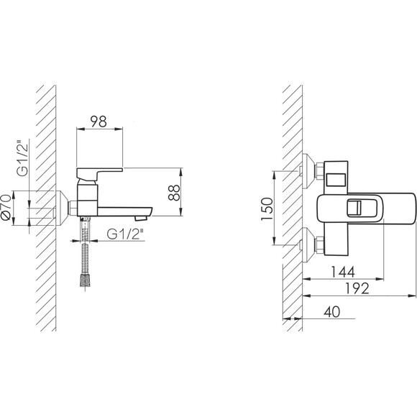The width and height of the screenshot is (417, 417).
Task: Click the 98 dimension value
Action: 98,122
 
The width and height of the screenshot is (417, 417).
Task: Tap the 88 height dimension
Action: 175,193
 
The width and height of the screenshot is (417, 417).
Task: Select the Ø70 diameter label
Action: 6,207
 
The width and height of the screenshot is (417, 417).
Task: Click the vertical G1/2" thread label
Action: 22,160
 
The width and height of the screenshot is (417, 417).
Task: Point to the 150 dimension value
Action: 267,208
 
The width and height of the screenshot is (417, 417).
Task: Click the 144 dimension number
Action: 343,272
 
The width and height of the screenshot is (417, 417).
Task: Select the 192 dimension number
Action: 357,288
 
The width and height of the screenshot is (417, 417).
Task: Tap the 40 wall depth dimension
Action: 332,312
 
